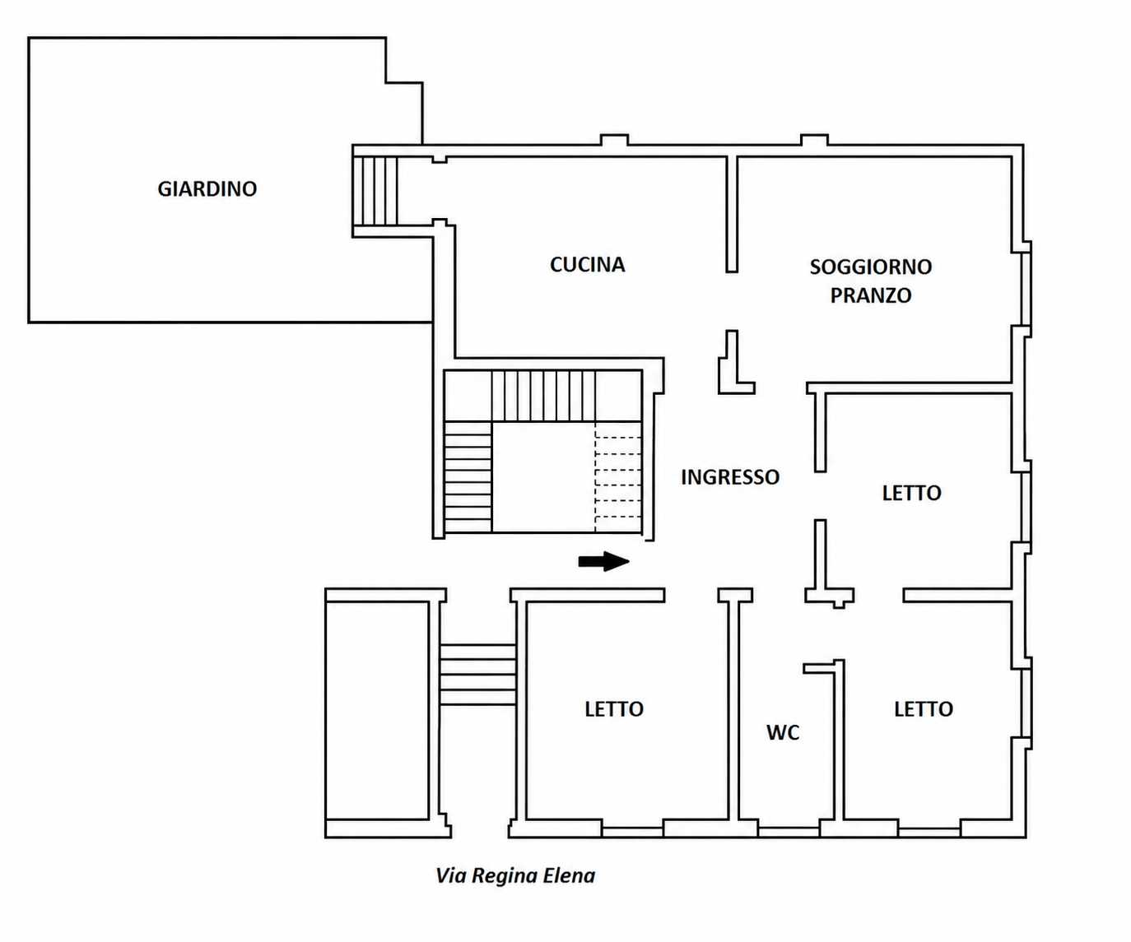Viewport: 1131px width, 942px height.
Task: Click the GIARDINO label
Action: (207, 189)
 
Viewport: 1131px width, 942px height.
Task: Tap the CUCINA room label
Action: (587, 265)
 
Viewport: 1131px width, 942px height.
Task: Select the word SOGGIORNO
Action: (870, 267)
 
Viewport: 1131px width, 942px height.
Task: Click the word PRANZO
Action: (870, 295)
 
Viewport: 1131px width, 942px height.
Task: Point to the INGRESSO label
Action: (730, 477)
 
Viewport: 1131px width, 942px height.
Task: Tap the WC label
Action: (783, 732)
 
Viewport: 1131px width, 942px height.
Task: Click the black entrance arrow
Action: (604, 561)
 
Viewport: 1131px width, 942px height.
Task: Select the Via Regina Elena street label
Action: (515, 876)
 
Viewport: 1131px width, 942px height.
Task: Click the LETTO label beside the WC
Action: (924, 709)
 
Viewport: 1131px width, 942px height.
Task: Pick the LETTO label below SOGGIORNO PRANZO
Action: (911, 493)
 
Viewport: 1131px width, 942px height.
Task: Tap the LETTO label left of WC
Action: (614, 709)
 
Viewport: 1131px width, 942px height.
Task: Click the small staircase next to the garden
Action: (375, 191)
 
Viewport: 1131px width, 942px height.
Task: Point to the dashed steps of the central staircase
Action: (618, 477)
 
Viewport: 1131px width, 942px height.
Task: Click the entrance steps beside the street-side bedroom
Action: (477, 675)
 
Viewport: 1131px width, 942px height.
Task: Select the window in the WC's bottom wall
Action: (788, 832)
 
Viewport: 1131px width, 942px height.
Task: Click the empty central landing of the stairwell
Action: (543, 477)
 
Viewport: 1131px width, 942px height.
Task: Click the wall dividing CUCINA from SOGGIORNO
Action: (732, 215)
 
